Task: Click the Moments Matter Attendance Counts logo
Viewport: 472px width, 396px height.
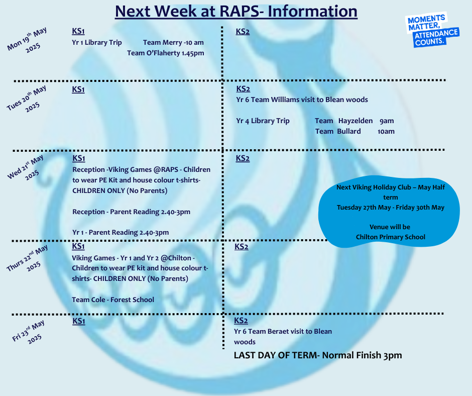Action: tap(432, 30)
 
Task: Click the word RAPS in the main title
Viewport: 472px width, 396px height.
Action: tap(240, 12)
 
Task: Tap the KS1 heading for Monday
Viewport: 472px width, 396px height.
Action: tap(78, 31)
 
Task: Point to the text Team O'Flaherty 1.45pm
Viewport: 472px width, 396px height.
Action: tap(166, 53)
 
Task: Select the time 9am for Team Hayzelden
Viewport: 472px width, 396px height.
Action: tap(387, 121)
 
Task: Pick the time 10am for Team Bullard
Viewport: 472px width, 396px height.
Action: tap(386, 131)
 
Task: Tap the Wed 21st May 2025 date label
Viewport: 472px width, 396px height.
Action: tap(26, 167)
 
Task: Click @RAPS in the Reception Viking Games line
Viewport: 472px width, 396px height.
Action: tap(166, 170)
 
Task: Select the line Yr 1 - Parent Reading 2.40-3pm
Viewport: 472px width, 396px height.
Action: tap(121, 232)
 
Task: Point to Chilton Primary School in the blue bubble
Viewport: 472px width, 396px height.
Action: tap(391, 237)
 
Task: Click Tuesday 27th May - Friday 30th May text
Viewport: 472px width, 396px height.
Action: tap(391, 208)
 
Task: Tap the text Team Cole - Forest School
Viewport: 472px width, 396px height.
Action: tap(113, 300)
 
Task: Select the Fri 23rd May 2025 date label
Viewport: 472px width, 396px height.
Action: tap(29, 332)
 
